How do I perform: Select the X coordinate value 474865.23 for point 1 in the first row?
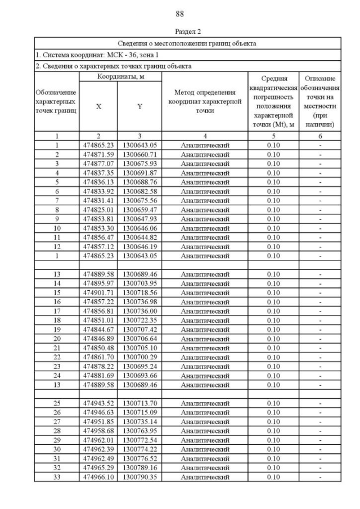click(x=98, y=145)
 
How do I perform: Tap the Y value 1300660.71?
click(x=139, y=154)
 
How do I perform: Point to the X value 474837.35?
click(x=98, y=173)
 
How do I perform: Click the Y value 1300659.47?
click(x=139, y=209)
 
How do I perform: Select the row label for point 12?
click(x=57, y=246)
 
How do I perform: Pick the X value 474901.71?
click(x=98, y=292)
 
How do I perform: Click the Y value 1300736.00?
click(x=139, y=311)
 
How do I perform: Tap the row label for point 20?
click(x=57, y=339)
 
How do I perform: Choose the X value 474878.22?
click(x=98, y=366)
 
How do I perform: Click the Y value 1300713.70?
click(x=139, y=403)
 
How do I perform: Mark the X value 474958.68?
click(x=98, y=431)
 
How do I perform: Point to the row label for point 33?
click(x=57, y=477)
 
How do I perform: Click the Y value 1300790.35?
click(x=139, y=477)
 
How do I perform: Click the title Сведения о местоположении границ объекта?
click(x=187, y=43)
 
